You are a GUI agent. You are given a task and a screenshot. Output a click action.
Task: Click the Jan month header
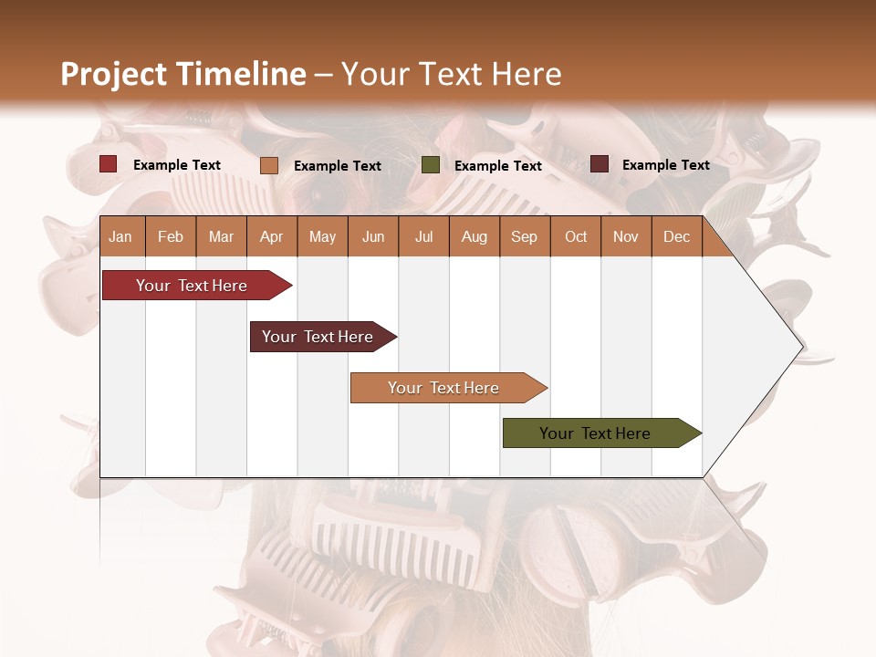click(x=120, y=236)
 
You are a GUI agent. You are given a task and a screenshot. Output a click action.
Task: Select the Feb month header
click(x=171, y=236)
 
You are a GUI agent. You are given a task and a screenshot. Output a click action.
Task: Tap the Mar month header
click(x=221, y=236)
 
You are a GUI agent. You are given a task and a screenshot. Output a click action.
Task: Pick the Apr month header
click(x=271, y=236)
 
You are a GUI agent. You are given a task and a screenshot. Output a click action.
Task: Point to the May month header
click(x=322, y=236)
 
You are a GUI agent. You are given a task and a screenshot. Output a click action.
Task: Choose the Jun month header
click(x=373, y=236)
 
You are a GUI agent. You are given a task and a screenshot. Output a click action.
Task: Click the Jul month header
click(x=423, y=236)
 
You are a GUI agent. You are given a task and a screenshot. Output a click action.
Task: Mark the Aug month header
click(x=474, y=236)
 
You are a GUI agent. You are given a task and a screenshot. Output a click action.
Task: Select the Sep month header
click(x=524, y=236)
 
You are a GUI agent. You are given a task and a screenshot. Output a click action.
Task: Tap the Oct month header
click(x=576, y=236)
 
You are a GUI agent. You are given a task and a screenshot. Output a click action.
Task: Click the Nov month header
click(x=626, y=236)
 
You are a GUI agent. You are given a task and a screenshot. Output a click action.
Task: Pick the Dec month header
click(x=676, y=236)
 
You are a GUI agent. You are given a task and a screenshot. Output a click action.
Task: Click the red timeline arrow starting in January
click(x=193, y=286)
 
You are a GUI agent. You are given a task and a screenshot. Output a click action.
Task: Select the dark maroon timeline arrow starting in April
click(x=318, y=337)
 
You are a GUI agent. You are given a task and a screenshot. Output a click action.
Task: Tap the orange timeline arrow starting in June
click(x=444, y=388)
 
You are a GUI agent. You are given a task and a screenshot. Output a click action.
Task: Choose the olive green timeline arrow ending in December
click(x=596, y=433)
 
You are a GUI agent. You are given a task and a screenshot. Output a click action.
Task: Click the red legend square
click(x=109, y=164)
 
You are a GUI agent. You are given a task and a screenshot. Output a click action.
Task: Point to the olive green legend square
click(x=431, y=165)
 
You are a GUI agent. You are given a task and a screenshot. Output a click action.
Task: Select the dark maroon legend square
click(x=600, y=164)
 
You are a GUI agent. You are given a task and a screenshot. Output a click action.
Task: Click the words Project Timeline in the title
click(x=183, y=74)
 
